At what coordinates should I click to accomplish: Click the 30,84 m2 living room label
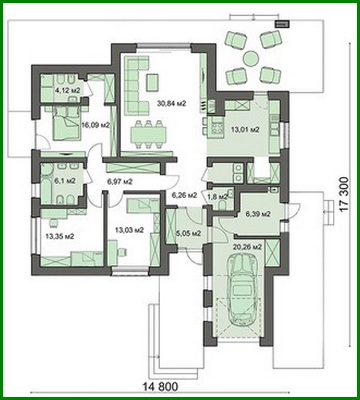[171, 103]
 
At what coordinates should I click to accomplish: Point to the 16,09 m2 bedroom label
[96, 125]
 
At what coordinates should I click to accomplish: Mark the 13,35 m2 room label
[60, 236]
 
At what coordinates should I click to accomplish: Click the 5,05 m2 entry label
[189, 233]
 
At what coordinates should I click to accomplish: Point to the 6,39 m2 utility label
[258, 214]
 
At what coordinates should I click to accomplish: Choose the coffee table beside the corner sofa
[152, 82]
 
